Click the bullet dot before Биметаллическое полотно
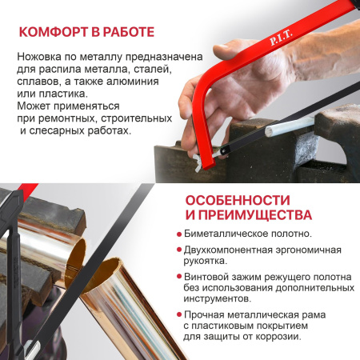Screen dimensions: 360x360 178,234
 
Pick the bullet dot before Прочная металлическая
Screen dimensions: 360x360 178,315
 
